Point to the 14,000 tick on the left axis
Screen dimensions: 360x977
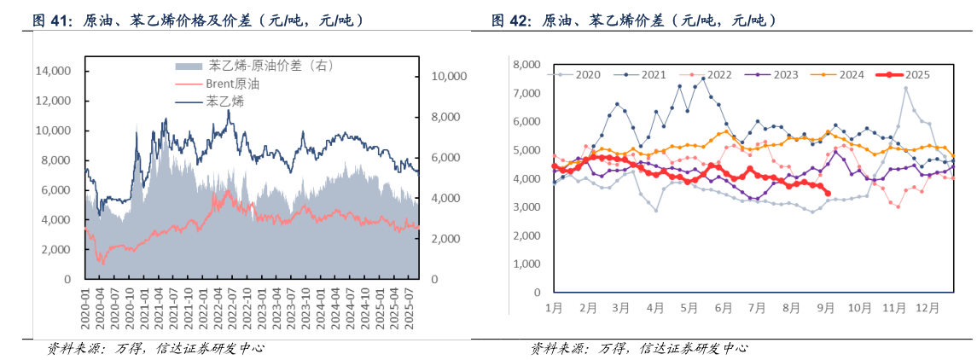coord(54,72)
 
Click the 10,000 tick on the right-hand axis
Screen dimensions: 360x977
coord(448,77)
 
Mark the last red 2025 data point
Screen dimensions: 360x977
coord(828,193)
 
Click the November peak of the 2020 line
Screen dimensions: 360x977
coord(905,88)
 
